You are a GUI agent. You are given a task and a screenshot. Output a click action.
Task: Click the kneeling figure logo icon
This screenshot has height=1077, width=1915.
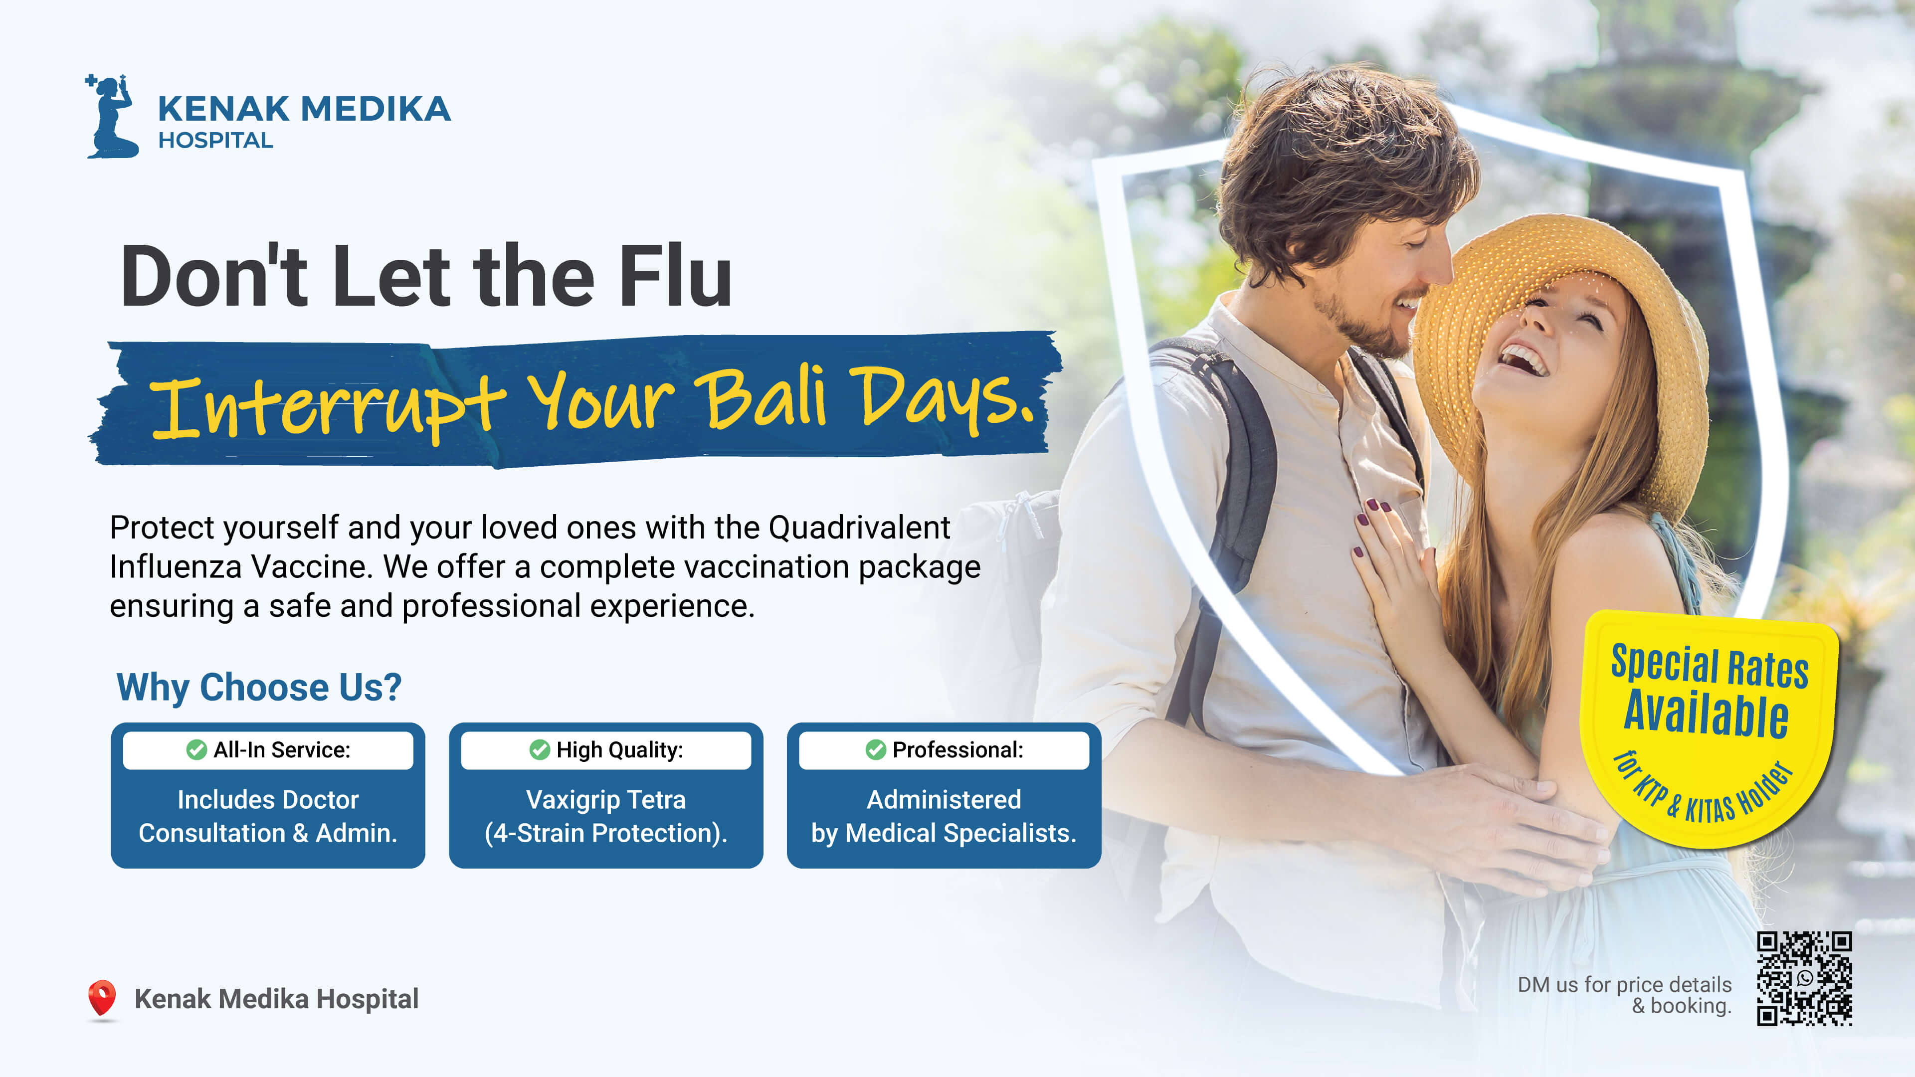click(x=112, y=117)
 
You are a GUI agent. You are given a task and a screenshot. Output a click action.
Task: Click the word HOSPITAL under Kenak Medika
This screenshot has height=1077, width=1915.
click(x=215, y=141)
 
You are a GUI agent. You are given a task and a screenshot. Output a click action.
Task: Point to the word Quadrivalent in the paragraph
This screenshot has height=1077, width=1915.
click(x=859, y=528)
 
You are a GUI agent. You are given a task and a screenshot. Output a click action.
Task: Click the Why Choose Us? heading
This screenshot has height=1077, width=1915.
click(x=259, y=687)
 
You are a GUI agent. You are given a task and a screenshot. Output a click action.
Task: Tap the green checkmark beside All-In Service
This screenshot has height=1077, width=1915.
click(x=196, y=750)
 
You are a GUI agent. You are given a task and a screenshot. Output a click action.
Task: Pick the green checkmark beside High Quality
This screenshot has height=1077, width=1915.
click(x=539, y=750)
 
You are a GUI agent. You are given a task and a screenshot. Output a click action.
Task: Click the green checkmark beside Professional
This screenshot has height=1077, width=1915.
click(x=876, y=750)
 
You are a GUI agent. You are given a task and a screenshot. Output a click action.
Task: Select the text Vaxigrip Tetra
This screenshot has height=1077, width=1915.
click(x=606, y=800)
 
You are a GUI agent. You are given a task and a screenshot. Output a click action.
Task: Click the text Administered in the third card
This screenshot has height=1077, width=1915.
click(x=944, y=800)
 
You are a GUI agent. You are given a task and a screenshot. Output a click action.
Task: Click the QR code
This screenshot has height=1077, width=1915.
click(x=1804, y=978)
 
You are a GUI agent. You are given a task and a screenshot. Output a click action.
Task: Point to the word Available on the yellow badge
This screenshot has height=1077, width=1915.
click(x=1706, y=714)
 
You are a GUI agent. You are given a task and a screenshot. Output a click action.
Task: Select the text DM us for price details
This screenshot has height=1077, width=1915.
click(x=1624, y=985)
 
